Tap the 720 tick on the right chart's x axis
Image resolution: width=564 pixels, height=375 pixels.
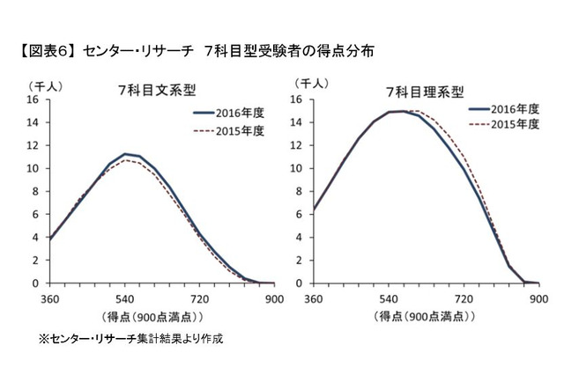(464, 298)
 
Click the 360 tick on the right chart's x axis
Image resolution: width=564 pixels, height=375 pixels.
(313, 298)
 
